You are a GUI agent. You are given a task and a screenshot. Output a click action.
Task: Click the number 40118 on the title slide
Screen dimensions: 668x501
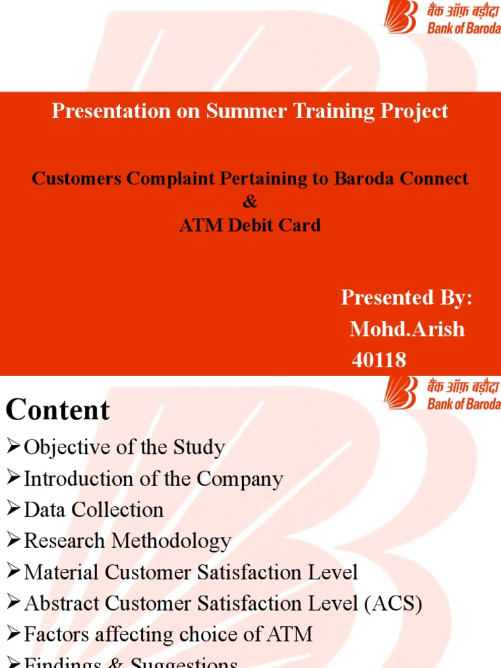(x=379, y=360)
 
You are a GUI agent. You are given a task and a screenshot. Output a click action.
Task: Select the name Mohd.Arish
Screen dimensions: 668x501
(x=407, y=329)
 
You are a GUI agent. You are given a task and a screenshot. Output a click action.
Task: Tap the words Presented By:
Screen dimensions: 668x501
(x=406, y=298)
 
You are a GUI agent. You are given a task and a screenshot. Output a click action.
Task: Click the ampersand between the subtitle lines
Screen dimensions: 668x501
(x=250, y=202)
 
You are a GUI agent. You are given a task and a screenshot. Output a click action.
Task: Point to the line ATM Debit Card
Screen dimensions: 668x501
(x=250, y=225)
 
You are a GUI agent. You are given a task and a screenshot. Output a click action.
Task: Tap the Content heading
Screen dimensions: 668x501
(x=58, y=410)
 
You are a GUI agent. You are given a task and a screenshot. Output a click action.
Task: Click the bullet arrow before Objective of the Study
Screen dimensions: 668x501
(x=14, y=447)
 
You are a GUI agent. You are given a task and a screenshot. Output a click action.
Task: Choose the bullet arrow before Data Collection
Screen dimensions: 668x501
(x=14, y=509)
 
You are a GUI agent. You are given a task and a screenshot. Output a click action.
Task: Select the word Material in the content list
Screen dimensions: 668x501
(x=61, y=572)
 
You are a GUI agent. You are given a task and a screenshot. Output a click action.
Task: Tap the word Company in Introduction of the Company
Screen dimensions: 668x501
(x=239, y=479)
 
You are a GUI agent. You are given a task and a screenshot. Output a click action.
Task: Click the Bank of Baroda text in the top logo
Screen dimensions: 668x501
(x=463, y=28)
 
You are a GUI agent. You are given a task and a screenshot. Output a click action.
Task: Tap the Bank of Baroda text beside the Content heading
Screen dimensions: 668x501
(x=463, y=404)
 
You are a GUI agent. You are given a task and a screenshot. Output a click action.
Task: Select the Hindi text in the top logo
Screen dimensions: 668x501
(x=463, y=12)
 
